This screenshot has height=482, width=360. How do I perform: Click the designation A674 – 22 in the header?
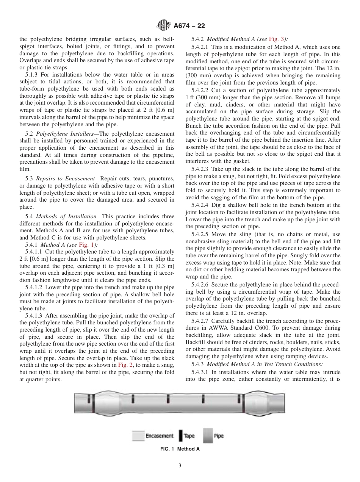click(189, 26)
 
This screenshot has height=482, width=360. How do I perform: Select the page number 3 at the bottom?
click(180, 466)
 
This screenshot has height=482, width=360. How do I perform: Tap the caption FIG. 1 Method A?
click(180, 449)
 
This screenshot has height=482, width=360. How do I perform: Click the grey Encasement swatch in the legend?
click(138, 436)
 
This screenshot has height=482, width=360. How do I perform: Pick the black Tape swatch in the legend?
click(181, 436)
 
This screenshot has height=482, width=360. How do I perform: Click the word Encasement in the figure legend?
click(159, 436)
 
